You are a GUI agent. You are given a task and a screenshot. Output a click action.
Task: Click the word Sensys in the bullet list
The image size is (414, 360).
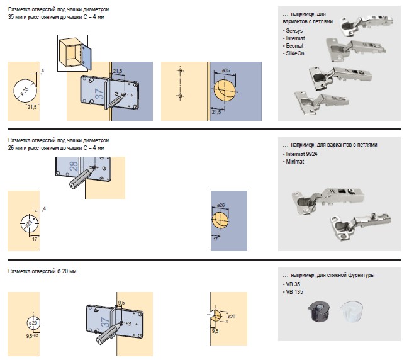tap(294, 31)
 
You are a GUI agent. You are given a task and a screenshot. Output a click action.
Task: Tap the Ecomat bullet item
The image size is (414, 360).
tap(294, 46)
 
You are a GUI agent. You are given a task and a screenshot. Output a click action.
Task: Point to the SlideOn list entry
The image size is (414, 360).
tap(294, 53)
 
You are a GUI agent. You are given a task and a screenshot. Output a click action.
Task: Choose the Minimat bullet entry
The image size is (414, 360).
tap(294, 161)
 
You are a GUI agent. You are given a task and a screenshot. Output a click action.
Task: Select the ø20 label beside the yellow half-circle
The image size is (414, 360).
tap(231, 316)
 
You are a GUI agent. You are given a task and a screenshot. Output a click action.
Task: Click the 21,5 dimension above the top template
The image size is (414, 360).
tap(118, 71)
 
